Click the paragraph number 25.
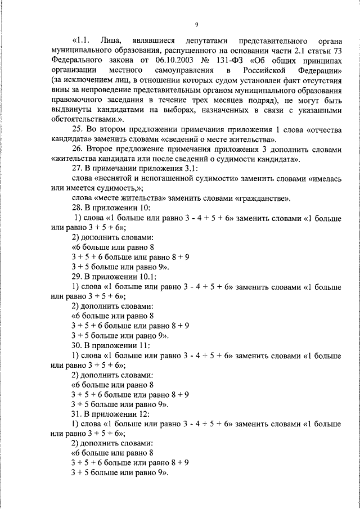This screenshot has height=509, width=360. [77, 129]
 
